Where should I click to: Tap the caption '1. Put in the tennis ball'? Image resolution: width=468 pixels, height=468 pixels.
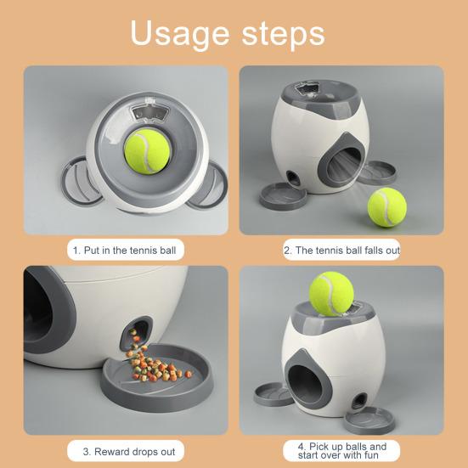(127, 251)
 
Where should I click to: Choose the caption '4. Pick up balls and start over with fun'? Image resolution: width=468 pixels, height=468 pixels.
(341, 450)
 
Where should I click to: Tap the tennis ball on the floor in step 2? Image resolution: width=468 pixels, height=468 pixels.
(386, 208)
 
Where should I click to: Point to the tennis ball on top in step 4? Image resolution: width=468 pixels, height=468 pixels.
(330, 294)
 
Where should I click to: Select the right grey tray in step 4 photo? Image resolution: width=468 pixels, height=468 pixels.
(369, 419)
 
